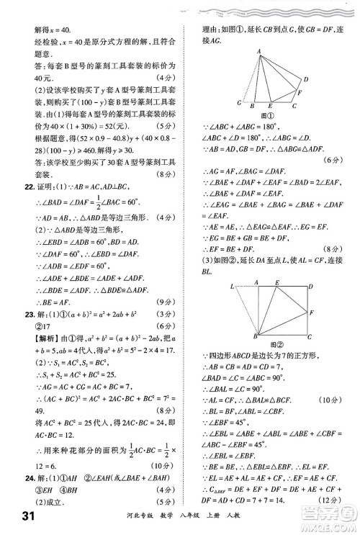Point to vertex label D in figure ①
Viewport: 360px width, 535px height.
coord(307,78)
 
